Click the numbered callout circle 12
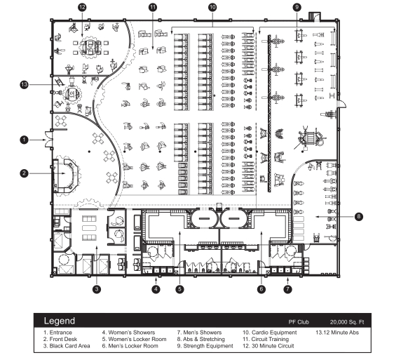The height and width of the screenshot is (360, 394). (82, 7)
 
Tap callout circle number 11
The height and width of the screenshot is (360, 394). (153, 7)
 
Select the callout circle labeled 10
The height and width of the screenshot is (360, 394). (212, 7)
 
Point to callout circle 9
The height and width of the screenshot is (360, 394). (297, 7)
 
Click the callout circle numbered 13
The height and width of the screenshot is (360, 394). (24, 84)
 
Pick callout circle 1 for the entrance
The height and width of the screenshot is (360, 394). (24, 140)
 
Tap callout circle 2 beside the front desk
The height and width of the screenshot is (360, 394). (24, 173)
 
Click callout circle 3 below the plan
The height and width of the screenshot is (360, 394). (97, 289)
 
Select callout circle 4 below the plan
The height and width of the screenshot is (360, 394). (156, 289)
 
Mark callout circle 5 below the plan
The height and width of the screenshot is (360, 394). (179, 289)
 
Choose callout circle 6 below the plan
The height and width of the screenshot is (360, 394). (261, 289)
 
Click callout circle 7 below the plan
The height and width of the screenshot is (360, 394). (287, 289)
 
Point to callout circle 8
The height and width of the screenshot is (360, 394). (359, 217)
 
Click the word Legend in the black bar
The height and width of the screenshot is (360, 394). (60, 321)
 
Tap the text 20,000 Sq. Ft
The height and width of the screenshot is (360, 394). (347, 322)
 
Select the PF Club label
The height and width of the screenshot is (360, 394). (299, 322)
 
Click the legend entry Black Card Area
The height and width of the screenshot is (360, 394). (67, 346)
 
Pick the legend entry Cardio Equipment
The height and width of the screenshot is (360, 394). (270, 333)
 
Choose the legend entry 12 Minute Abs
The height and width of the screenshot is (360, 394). (337, 333)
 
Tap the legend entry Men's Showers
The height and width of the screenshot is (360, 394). (200, 333)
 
